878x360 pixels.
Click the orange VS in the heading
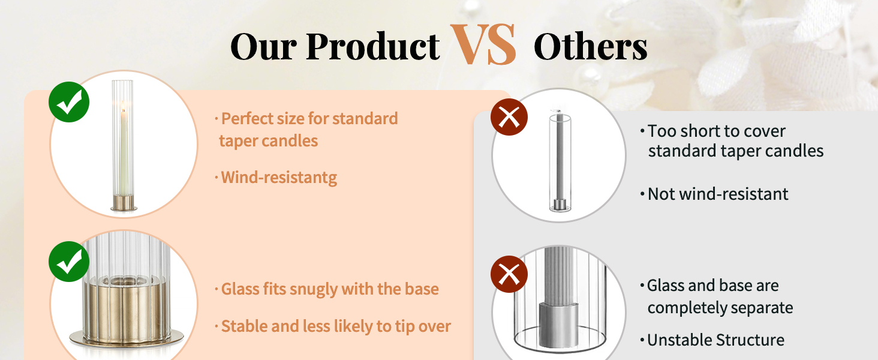pyautogui.click(x=483, y=44)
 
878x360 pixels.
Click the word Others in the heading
pyautogui.click(x=590, y=46)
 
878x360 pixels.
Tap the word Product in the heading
pyautogui.click(x=373, y=46)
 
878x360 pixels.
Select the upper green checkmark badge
pyautogui.click(x=69, y=102)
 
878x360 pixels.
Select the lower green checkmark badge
pyautogui.click(x=69, y=262)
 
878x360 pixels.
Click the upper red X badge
pyautogui.click(x=509, y=117)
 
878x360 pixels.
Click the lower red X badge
pyautogui.click(x=509, y=274)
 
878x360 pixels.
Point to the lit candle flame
pyautogui.click(x=123, y=106)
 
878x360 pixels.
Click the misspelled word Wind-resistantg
pyautogui.click(x=279, y=178)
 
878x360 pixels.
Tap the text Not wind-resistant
pyautogui.click(x=718, y=194)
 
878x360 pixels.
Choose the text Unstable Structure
pyautogui.click(x=715, y=340)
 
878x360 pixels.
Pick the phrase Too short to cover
pyautogui.click(x=717, y=131)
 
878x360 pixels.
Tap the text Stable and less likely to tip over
pyautogui.click(x=336, y=326)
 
